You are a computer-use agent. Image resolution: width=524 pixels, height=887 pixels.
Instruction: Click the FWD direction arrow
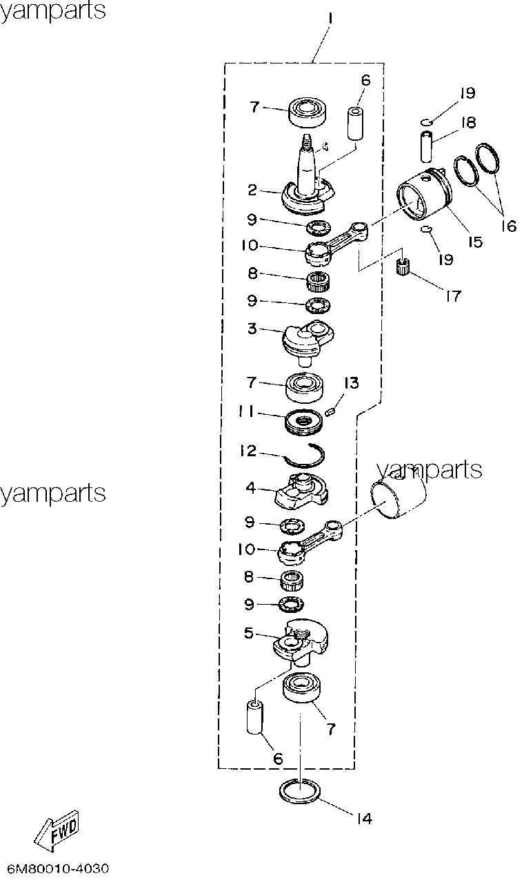pos(57,832)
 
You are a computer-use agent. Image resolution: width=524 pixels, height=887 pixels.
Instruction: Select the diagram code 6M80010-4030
pos(58,868)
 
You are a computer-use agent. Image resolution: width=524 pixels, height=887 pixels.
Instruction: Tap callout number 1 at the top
pos(330,19)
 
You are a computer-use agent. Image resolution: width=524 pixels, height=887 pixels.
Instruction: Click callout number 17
pos(453,296)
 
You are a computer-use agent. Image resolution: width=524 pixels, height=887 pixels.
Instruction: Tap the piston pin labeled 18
pos(426,147)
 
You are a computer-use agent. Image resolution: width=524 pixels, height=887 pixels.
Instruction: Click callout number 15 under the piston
pos(475,242)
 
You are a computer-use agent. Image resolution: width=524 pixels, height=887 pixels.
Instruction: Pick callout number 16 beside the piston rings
pos(509,226)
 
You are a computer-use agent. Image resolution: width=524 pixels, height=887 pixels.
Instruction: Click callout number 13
pos(351,383)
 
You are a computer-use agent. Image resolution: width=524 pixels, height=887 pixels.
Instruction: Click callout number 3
pos(252,329)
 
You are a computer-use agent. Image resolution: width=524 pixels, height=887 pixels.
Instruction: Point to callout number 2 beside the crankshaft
pos(252,190)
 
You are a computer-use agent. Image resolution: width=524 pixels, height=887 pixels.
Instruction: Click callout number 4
pos(251,488)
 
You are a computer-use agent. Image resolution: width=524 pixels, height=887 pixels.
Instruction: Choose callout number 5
pos(248,633)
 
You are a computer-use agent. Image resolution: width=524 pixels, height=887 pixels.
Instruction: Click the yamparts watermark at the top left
pos(52,10)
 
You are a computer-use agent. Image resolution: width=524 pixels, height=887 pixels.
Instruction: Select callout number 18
pos(468,123)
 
